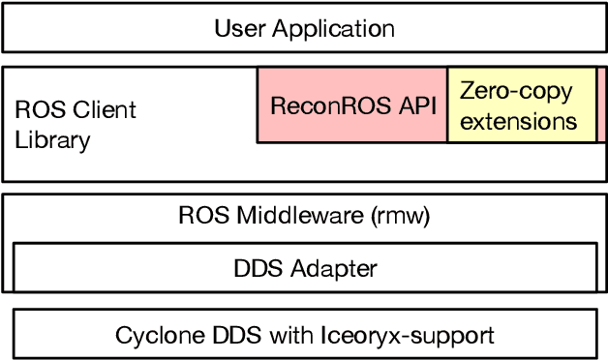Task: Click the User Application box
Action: (x=304, y=27)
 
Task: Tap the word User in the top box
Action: (x=238, y=28)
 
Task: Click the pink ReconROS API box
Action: (x=352, y=105)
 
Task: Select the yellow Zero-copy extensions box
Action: (x=522, y=105)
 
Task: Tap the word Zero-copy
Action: (x=516, y=92)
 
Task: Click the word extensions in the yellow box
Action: (x=518, y=122)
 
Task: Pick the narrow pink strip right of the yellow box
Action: (x=601, y=105)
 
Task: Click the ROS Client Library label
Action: (x=76, y=124)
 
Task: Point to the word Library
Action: (x=52, y=140)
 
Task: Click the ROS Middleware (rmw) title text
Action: (x=304, y=215)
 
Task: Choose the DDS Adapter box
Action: (x=304, y=266)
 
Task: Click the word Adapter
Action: (x=333, y=266)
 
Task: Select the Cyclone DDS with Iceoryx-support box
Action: (x=304, y=335)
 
